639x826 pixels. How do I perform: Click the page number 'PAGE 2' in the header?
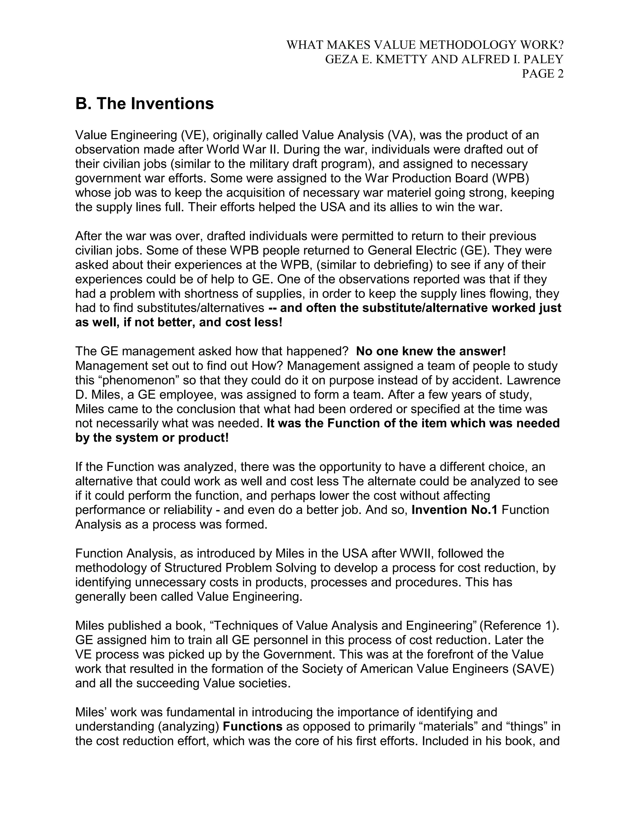[x=543, y=74]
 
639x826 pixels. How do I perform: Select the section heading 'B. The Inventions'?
[x=144, y=103]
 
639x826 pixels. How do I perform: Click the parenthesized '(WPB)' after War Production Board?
[x=506, y=178]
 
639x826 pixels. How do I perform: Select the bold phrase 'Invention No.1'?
[x=454, y=510]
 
